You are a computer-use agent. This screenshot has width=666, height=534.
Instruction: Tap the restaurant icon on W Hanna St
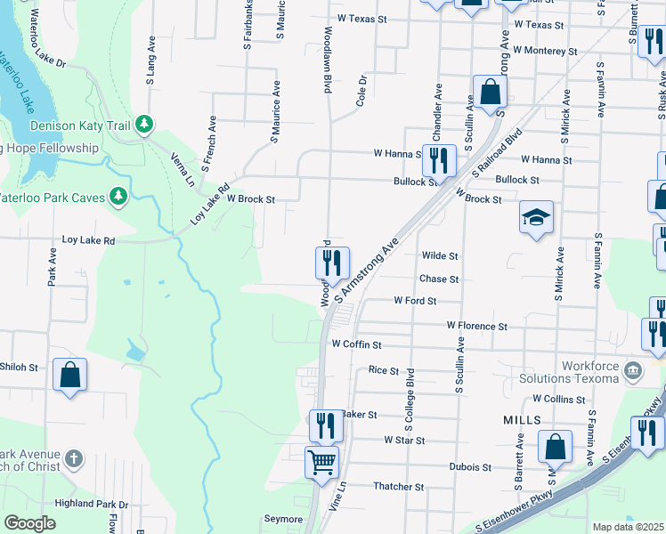[x=439, y=161]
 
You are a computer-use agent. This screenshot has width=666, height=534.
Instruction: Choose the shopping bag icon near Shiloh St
[x=69, y=375]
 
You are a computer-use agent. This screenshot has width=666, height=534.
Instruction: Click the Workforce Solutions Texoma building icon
[x=632, y=368]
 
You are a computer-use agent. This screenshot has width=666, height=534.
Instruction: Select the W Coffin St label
[x=356, y=344]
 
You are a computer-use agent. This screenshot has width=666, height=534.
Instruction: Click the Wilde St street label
[x=439, y=256]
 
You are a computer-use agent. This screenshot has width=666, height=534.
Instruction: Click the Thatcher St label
[x=398, y=487]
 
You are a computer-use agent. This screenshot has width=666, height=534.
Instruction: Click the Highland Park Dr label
[x=92, y=505]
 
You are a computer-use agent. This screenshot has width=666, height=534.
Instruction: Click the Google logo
[x=29, y=523]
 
